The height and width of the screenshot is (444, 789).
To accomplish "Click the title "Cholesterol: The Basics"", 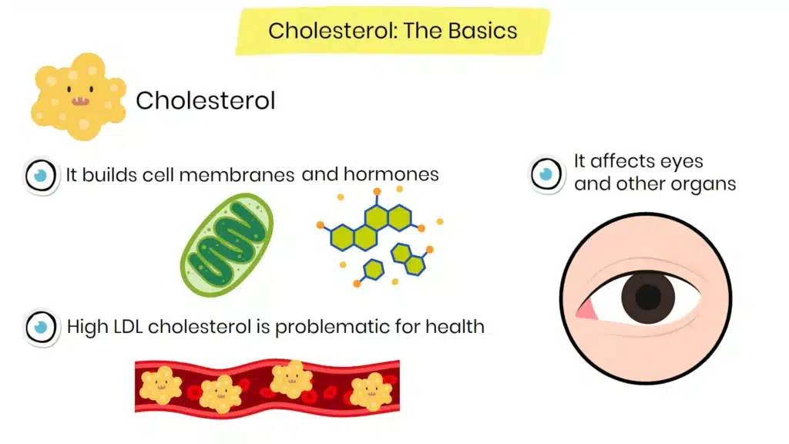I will pos(392,32).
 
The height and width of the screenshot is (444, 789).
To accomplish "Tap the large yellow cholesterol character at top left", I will pos(78,96).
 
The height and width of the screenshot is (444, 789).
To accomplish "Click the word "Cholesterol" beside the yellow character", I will pos(205,100).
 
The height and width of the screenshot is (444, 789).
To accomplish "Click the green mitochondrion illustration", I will pos(227,245).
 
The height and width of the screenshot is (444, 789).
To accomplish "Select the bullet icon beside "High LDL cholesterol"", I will pos(41,327).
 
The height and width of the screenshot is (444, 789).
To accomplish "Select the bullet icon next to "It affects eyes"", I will pos(547,173).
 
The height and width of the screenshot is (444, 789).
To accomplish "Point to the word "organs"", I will pos(707,184).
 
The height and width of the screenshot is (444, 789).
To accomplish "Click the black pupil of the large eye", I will pos(648,297).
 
